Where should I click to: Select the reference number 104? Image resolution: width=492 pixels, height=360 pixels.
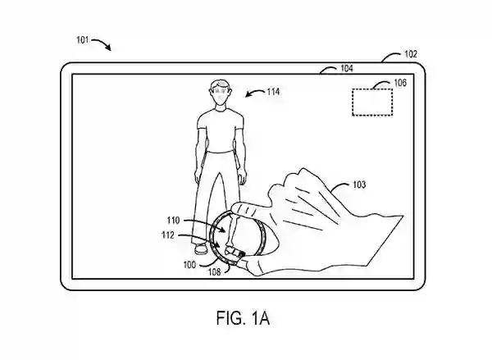347,70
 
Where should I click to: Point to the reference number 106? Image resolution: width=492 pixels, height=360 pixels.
400,83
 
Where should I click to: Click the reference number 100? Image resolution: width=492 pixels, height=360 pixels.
189,264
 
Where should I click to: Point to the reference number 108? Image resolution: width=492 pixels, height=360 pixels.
215,271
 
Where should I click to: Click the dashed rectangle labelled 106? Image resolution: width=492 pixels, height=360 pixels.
371,102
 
